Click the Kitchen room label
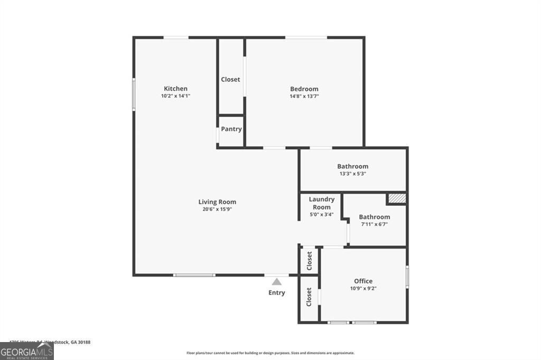[175, 89]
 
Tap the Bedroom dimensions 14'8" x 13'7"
[304, 97]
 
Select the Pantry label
[231, 129]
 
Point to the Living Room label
[217, 202]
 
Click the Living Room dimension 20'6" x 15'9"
[217, 209]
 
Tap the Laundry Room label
[321, 203]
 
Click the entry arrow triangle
[277, 282]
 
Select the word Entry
[277, 293]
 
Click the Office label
[363, 281]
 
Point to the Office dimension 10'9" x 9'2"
[363, 289]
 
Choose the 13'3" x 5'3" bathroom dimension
[353, 174]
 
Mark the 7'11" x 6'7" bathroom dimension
[375, 225]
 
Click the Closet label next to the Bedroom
[230, 79]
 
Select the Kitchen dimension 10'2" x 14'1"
[175, 97]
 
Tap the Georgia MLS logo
[26, 352]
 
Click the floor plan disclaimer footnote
[270, 353]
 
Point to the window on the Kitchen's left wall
[134, 94]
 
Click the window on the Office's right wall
[407, 277]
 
